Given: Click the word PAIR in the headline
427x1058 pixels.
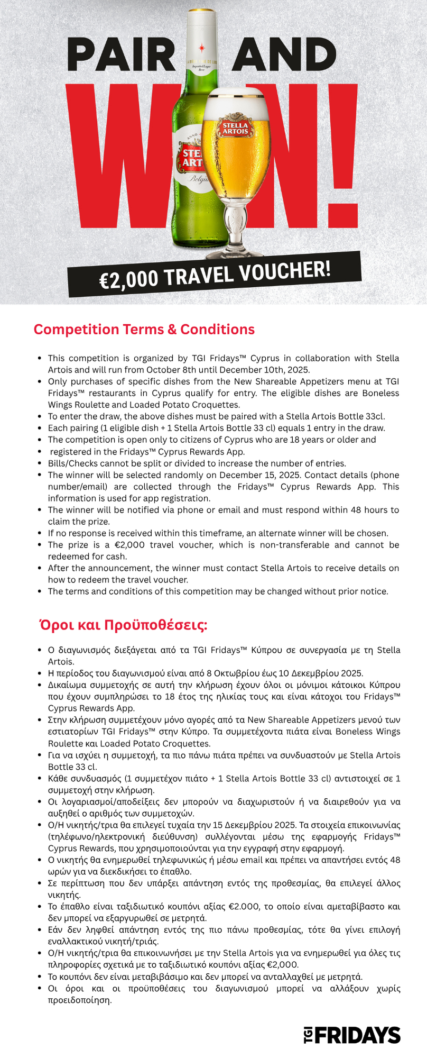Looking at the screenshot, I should tap(121, 56).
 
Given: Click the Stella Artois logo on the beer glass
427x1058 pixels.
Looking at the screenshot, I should tap(235, 129).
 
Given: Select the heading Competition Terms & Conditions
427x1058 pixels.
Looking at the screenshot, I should tap(144, 330).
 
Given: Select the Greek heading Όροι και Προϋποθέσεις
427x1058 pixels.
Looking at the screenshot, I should tap(124, 625).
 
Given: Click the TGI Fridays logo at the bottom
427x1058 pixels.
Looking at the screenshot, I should tap(352, 1035).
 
